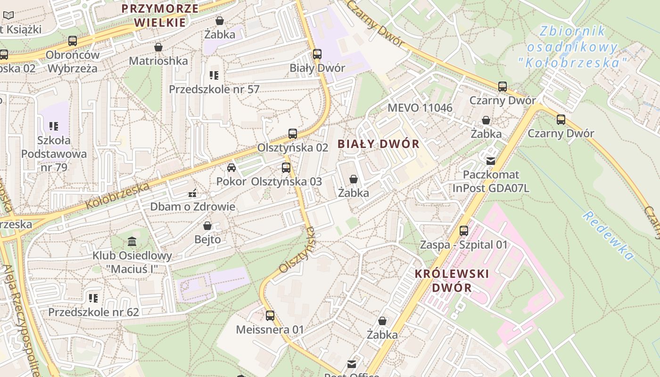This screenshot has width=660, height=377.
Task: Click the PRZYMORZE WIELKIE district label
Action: (x=159, y=15)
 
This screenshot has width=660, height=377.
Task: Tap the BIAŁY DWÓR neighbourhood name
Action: (x=379, y=144)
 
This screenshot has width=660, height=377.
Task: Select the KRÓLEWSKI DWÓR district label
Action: (x=452, y=280)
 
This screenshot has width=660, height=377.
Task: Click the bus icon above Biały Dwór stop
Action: (x=317, y=54)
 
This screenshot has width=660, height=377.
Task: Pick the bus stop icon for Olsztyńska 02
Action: (x=292, y=134)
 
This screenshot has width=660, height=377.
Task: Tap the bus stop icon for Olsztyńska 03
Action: (x=286, y=168)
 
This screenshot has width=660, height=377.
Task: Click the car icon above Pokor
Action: (x=231, y=168)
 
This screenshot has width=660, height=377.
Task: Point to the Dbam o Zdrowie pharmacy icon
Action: (x=192, y=193)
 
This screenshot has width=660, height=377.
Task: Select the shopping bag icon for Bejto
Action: (x=207, y=226)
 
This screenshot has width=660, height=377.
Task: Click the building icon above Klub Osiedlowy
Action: (x=132, y=242)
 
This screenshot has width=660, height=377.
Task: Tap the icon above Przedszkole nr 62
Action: (x=93, y=298)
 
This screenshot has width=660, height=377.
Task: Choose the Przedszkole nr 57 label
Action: (x=214, y=89)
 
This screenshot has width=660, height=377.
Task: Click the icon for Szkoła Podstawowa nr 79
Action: (x=54, y=126)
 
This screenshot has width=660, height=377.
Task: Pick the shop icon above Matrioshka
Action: (x=158, y=47)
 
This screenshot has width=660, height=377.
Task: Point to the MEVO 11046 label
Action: (x=420, y=108)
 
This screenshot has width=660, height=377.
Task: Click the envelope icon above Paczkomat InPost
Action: (x=491, y=161)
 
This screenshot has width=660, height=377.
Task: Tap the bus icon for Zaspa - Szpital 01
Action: (x=464, y=231)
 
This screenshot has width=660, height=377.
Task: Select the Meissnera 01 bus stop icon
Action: (x=270, y=316)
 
